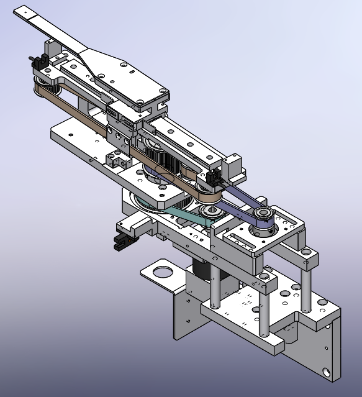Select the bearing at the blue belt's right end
[x=263, y=216]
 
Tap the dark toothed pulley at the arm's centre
[x=163, y=163]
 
